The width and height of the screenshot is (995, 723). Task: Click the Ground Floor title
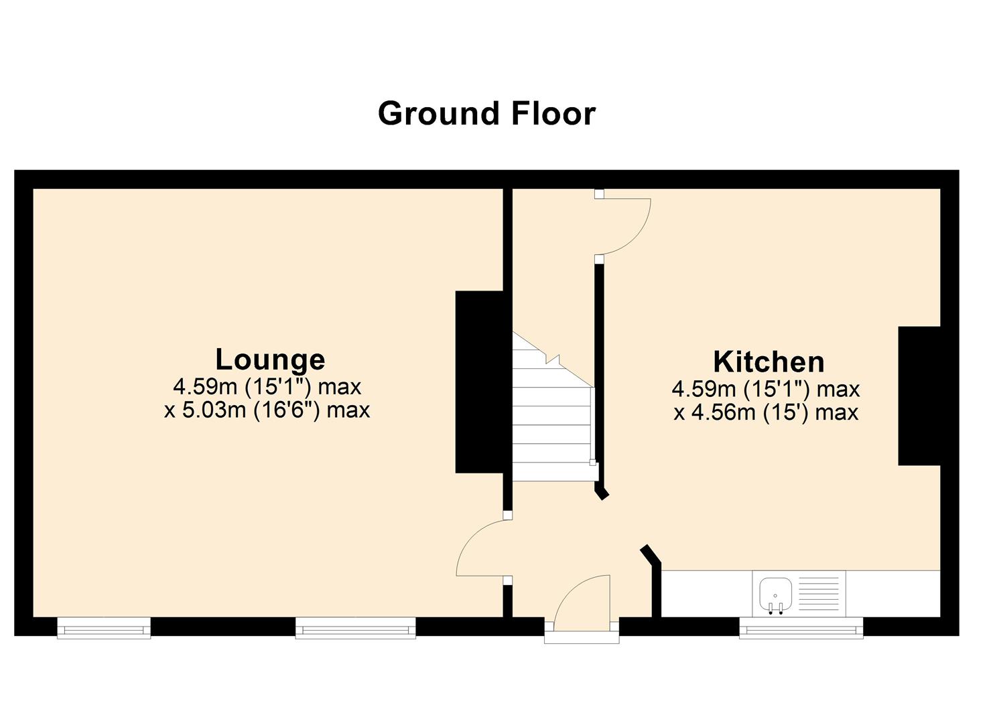coord(486,114)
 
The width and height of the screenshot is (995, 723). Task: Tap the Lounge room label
coord(270,359)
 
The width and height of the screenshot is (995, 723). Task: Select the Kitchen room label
coord(769,361)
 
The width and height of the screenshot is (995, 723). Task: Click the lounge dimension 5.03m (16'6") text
coord(267,410)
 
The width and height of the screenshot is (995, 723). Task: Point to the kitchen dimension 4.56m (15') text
coord(766,412)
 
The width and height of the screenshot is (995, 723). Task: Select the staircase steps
coord(552,415)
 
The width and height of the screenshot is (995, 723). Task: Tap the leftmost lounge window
coord(104,628)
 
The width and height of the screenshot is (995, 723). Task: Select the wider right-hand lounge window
coord(356,628)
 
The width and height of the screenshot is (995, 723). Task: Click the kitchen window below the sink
coord(801,628)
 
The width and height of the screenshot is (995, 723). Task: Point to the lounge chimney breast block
coord(479,382)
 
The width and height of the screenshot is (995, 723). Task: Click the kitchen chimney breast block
coord(919,396)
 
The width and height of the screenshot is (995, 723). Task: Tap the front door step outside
coord(582,637)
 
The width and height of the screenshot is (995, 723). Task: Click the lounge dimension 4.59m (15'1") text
coord(267,387)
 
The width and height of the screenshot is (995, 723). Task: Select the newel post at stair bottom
coord(592,462)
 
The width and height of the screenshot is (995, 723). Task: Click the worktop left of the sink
coord(707,592)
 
